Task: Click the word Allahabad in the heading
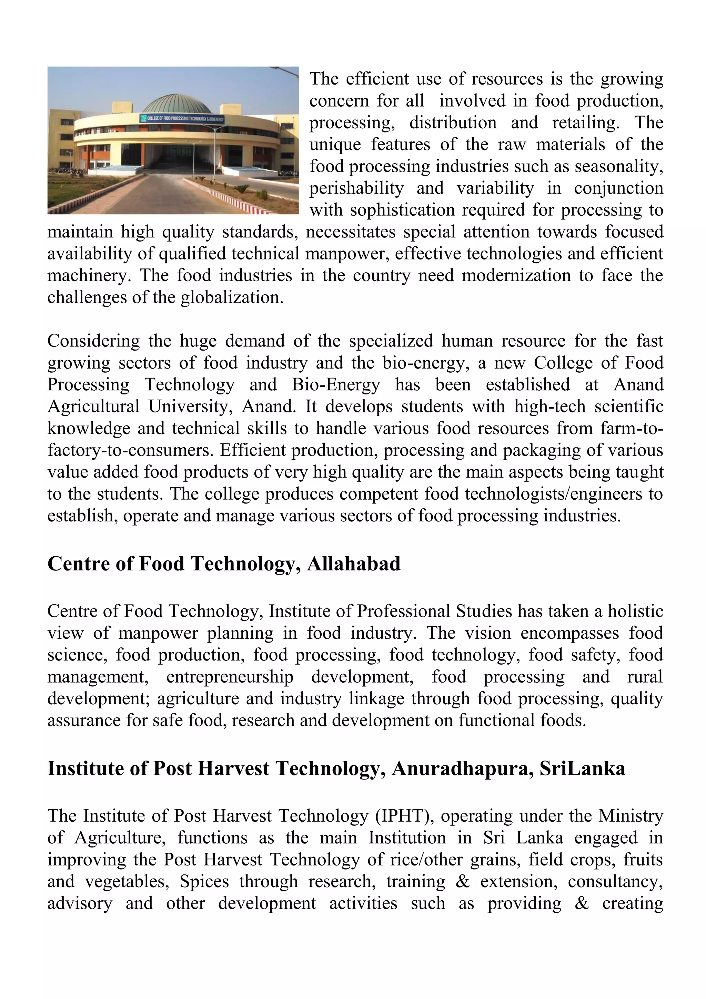coord(353,564)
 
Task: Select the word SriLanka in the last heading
coord(582,768)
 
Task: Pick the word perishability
coord(356,188)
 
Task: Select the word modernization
coord(516,275)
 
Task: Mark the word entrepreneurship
coord(230,677)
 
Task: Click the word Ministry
coord(631,816)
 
